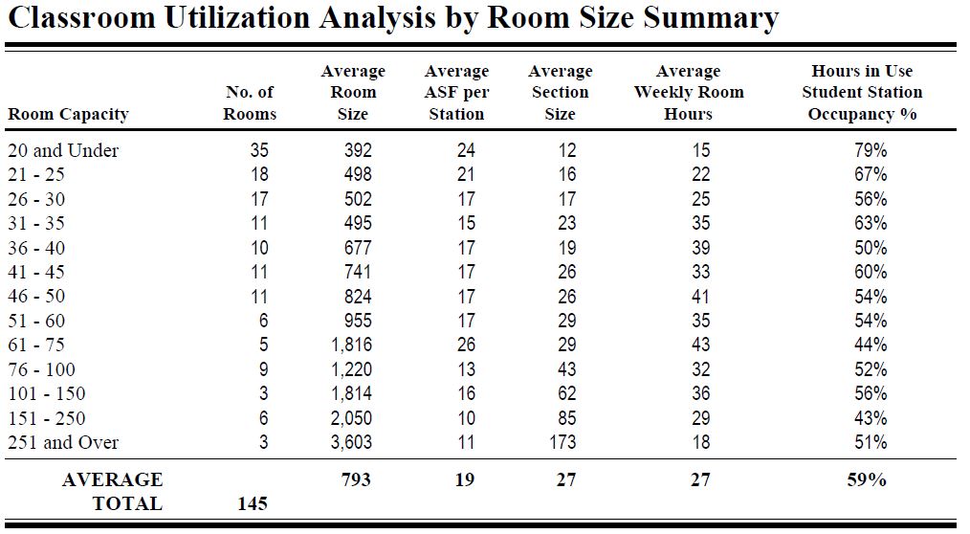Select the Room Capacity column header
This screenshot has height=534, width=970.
click(68, 115)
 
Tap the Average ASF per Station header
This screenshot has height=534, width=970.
click(456, 92)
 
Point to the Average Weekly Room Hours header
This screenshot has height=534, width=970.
click(689, 92)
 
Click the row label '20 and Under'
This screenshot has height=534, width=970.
click(63, 150)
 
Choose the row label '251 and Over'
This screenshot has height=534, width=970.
click(63, 442)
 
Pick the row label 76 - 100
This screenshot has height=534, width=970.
click(41, 369)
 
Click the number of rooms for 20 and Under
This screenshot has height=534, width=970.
click(259, 150)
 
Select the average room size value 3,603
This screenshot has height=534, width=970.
click(351, 442)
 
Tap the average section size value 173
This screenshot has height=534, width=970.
click(562, 442)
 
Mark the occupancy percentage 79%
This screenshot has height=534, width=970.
click(871, 150)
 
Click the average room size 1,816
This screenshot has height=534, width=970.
click(351, 345)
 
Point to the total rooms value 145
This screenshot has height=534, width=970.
click(253, 503)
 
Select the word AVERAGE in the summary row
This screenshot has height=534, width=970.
click(112, 479)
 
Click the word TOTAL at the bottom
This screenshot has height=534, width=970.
click(127, 503)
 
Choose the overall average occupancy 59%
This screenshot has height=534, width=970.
click(867, 479)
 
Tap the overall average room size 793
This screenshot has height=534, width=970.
click(356, 479)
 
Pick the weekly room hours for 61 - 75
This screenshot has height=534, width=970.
click(701, 345)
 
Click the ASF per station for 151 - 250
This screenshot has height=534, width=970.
click(466, 418)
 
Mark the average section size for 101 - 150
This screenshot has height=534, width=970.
click(566, 393)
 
